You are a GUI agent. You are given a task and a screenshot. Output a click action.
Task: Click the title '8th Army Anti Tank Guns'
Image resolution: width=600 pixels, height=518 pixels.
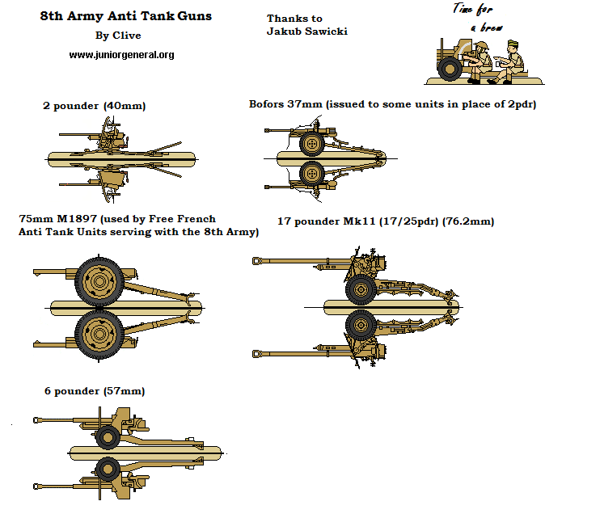tap(126, 16)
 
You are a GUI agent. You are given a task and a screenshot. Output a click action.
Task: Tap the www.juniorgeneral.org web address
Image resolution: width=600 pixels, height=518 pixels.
tap(121, 55)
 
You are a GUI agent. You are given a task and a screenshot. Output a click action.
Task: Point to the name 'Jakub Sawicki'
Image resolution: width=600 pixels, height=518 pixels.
tap(307, 32)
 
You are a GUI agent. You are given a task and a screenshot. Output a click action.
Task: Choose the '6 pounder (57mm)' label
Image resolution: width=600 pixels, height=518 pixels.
tap(95, 391)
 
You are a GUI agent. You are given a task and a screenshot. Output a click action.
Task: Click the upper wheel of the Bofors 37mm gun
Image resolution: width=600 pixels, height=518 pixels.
tap(312, 144)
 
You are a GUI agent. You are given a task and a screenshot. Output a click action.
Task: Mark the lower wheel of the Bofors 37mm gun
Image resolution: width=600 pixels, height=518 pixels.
tap(312, 174)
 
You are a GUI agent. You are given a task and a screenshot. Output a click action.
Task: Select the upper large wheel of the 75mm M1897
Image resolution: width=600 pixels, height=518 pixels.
tap(99, 282)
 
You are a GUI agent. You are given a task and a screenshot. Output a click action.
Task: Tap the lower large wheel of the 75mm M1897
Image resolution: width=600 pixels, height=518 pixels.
tap(99, 332)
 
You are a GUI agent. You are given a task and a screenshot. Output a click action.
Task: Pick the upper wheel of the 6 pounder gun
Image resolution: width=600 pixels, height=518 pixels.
tap(108, 436)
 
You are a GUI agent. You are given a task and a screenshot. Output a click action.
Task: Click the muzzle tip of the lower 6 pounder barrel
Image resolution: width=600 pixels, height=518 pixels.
tap(36, 486)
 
